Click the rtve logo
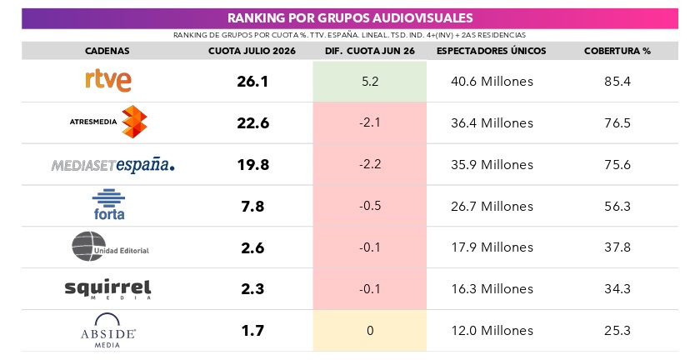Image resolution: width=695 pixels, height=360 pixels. [x=108, y=81]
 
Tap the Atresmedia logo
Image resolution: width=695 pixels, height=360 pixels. [x=108, y=122]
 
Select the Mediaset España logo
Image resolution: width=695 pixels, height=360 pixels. [x=113, y=165]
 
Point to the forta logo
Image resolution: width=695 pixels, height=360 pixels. [x=108, y=204]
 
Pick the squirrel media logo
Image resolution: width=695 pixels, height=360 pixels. [x=107, y=289]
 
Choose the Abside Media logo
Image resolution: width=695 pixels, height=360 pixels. [x=107, y=330]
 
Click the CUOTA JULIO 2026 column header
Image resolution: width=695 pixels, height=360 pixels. [x=252, y=51]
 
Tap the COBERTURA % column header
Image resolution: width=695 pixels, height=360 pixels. [x=617, y=51]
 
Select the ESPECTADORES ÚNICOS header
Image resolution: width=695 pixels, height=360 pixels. [x=491, y=51]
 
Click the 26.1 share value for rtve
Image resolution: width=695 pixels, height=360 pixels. [x=252, y=82]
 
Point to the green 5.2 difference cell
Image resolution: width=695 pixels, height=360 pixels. [x=370, y=82]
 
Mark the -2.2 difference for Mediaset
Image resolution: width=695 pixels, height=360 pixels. [x=370, y=164]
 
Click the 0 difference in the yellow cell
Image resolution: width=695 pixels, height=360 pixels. [x=370, y=330]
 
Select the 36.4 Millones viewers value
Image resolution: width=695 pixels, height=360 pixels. [x=492, y=122]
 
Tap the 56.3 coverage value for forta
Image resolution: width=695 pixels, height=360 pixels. [x=617, y=206]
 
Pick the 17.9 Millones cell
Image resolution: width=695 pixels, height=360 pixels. [x=492, y=247]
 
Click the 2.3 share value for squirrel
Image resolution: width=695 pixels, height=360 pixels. [x=252, y=289]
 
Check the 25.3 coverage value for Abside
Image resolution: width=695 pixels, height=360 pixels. [x=617, y=330]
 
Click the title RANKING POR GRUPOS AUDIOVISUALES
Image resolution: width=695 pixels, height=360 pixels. [x=350, y=18]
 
